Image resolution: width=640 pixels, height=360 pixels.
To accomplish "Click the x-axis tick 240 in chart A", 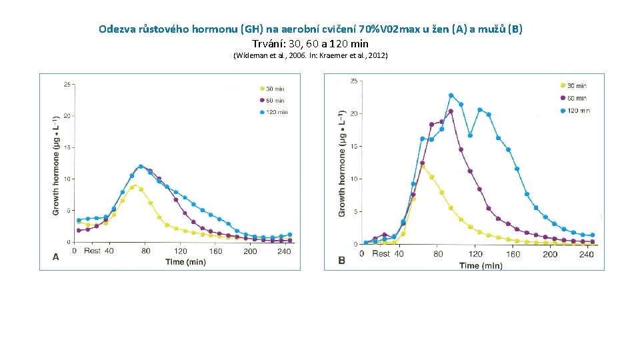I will tap(285, 251).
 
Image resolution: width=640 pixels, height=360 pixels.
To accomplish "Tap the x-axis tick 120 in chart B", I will tap(475, 254).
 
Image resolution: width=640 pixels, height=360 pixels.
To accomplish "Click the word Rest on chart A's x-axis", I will tap(92, 251).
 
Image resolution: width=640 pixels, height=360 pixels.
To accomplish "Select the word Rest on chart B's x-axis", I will tap(381, 254).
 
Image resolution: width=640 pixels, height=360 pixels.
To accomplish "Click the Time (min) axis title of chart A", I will tap(185, 262).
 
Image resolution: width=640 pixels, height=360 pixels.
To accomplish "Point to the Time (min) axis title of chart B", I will tap(480, 265).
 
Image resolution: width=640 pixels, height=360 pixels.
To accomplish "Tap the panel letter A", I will tap(55, 256).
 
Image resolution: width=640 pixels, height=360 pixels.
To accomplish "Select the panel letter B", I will tap(341, 260).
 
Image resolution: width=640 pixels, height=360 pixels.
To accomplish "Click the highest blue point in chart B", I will tap(451, 95).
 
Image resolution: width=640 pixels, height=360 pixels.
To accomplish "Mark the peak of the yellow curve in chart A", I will tap(133, 187).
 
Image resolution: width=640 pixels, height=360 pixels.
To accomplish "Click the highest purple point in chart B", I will tap(451, 111).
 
